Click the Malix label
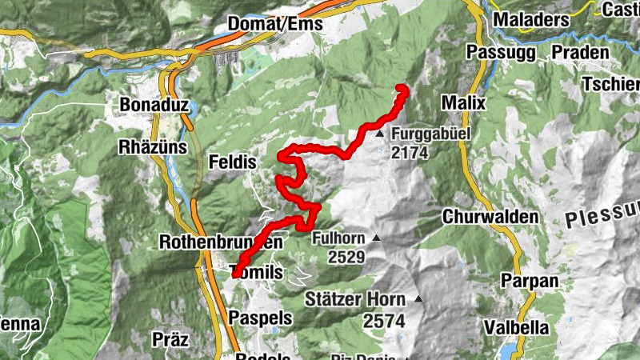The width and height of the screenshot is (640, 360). pos(463,104)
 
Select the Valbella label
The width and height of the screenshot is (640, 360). pos(516,327)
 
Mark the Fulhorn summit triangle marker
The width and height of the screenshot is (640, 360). pos(376,238)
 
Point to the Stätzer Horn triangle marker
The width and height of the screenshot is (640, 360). pos(417,300)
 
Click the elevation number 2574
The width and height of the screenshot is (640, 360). pos(382,321)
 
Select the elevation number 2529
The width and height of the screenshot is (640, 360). pos(346,258)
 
